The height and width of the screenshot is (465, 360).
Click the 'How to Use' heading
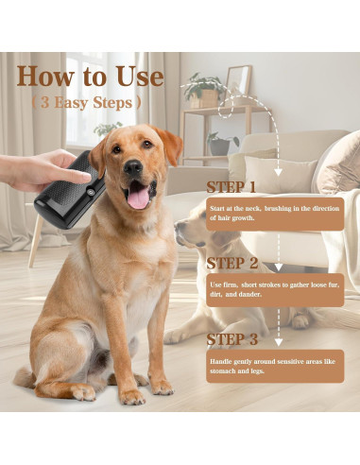pos(90,77)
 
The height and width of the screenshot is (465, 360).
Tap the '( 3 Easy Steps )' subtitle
pos(86,102)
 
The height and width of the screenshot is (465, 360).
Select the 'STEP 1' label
pos(231,186)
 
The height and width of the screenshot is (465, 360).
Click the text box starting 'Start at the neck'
pos(274,212)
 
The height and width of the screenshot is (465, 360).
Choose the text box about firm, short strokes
pos(274,289)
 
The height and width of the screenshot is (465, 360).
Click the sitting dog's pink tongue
pos(139,197)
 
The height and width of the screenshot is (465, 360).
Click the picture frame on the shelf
pos(238,80)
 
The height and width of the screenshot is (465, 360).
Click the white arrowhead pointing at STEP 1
pos(278,170)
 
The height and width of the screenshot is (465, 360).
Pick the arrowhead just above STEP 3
pos(278,323)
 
